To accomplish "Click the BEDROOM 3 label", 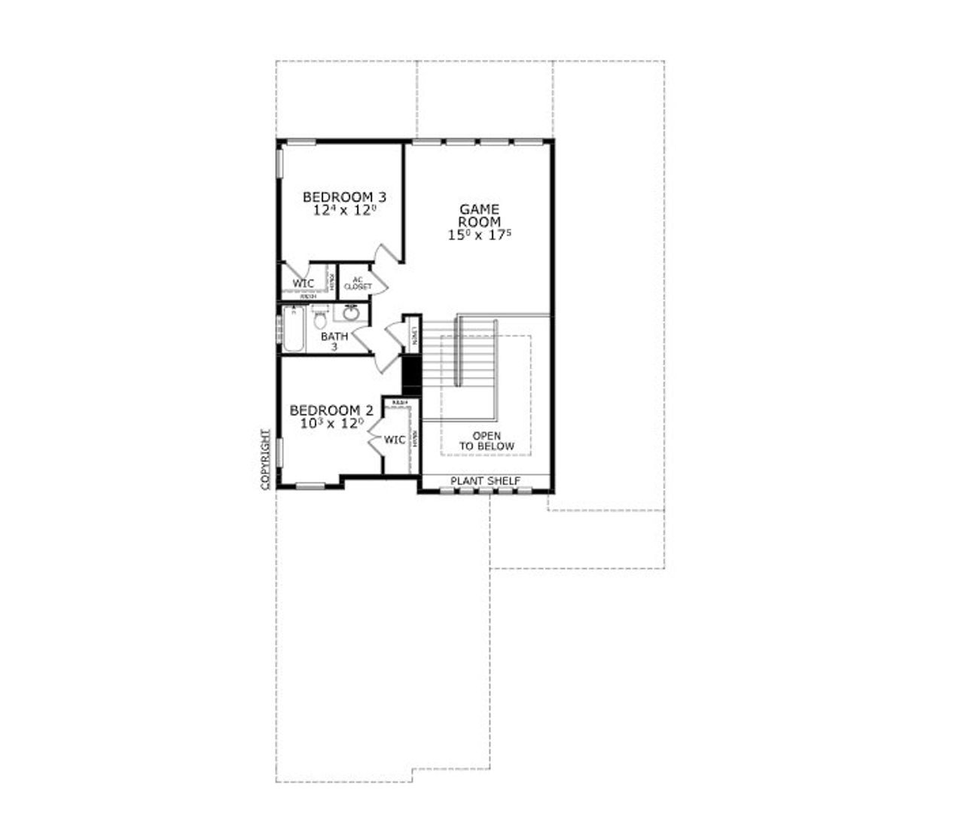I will click(x=345, y=197).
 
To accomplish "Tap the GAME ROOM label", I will click(x=480, y=215).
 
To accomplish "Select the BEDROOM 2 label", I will click(x=331, y=410).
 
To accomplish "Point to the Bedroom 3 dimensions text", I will click(x=345, y=211).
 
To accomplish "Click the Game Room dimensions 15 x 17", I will click(x=480, y=235).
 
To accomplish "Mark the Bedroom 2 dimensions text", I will click(x=331, y=424).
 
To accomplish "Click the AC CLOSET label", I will click(x=358, y=284).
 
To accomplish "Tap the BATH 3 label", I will click(x=334, y=341).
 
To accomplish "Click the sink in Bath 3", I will click(x=351, y=312).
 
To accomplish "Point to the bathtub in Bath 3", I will click(x=292, y=328).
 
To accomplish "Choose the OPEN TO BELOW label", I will click(x=487, y=441).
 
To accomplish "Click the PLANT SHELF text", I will click(x=485, y=481).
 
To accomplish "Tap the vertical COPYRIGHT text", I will click(x=265, y=460).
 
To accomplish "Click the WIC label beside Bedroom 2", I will click(x=395, y=440).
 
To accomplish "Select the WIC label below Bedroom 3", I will click(x=304, y=284).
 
